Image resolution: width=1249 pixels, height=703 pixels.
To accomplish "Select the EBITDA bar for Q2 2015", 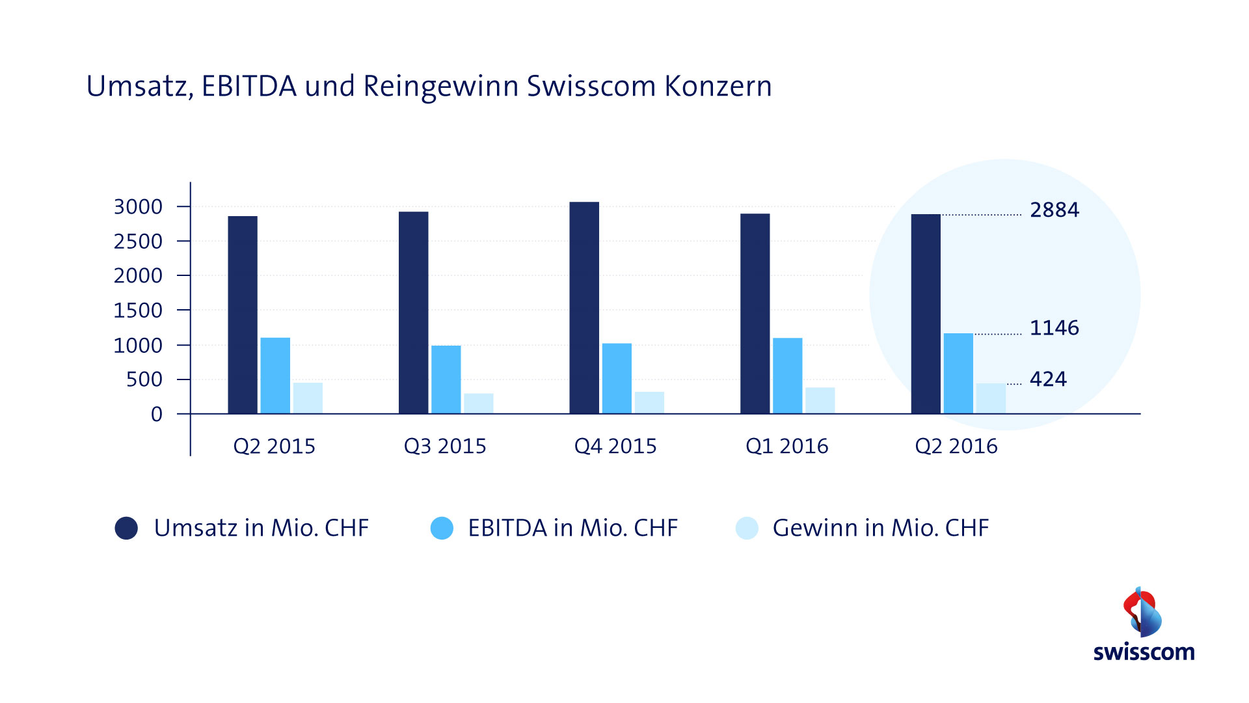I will pyautogui.click(x=275, y=376).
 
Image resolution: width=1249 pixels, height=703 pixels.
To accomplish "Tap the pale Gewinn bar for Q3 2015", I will pyautogui.click(x=478, y=404).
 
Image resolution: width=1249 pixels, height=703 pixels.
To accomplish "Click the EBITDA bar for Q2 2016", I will pyautogui.click(x=958, y=374).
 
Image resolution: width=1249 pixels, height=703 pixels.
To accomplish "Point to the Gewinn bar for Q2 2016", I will pyautogui.click(x=991, y=398).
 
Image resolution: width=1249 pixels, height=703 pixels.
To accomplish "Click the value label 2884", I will pyautogui.click(x=1054, y=210).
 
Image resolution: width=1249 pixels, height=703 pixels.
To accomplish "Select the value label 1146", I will pyautogui.click(x=1054, y=327).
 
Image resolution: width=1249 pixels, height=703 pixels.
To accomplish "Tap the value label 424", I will pyautogui.click(x=1048, y=379).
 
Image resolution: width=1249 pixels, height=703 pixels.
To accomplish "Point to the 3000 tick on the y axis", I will pyautogui.click(x=138, y=207).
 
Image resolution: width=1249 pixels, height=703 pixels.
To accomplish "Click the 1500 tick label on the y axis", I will pyautogui.click(x=138, y=310).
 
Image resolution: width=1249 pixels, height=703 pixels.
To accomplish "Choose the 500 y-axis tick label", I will pyautogui.click(x=144, y=379).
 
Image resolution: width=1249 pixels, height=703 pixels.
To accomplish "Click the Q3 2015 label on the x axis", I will pyautogui.click(x=445, y=447).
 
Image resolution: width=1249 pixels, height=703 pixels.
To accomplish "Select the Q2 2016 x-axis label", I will pyautogui.click(x=956, y=447).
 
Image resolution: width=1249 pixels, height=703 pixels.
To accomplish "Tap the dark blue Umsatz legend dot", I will pyautogui.click(x=126, y=528).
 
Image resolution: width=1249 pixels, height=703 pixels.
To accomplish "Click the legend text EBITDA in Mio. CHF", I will pyautogui.click(x=572, y=528).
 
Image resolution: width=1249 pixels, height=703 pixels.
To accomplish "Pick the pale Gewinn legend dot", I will pyautogui.click(x=747, y=528).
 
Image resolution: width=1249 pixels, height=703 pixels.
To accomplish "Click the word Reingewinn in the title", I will pyautogui.click(x=440, y=87).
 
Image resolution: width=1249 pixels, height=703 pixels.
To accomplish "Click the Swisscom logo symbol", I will pyautogui.click(x=1142, y=612).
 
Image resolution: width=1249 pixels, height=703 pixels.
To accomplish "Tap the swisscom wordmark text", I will pyautogui.click(x=1144, y=652).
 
